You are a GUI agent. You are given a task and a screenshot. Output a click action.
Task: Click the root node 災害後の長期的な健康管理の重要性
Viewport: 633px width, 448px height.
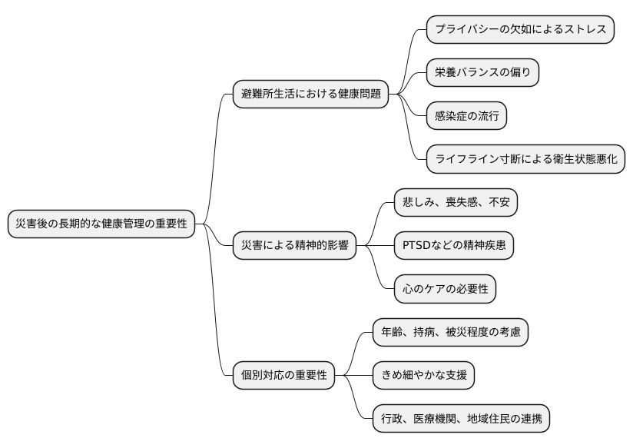click(101, 224)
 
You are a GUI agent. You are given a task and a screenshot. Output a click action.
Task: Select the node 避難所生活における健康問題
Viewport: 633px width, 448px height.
click(310, 95)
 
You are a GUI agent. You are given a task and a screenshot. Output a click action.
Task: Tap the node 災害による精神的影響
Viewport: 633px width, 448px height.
click(294, 246)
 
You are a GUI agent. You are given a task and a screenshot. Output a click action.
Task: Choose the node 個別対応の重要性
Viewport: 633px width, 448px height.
click(283, 376)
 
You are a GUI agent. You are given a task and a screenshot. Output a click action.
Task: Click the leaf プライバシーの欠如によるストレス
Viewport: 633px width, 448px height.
click(521, 29)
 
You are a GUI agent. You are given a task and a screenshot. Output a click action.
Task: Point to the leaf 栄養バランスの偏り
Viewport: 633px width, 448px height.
click(482, 73)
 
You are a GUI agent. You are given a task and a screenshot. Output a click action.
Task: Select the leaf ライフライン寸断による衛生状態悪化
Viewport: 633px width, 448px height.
click(526, 160)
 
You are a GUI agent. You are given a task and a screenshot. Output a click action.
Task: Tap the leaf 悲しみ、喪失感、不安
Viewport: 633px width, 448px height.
click(456, 203)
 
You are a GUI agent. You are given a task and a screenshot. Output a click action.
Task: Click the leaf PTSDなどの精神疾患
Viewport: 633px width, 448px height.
click(453, 246)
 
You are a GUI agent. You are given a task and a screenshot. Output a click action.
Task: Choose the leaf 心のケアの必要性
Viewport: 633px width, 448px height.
click(445, 289)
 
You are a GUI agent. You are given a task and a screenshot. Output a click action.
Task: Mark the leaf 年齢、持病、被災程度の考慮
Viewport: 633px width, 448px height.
click(450, 332)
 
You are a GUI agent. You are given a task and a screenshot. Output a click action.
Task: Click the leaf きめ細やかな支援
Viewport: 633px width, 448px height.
click(423, 376)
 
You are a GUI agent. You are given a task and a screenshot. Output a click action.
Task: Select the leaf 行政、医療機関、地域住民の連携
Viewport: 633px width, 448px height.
click(461, 419)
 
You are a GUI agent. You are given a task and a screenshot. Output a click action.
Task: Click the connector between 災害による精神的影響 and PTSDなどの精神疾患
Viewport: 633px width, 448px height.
click(375, 246)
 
